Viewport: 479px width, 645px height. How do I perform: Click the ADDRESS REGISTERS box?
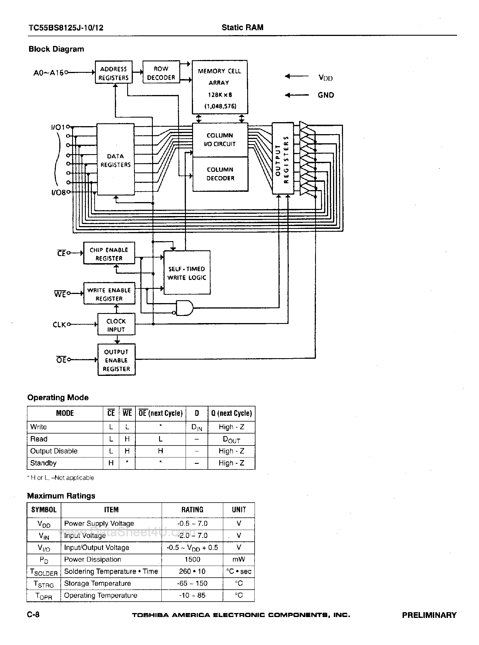(114, 72)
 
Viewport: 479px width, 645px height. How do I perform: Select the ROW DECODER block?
(161, 72)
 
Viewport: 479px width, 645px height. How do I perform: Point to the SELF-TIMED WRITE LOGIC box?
(187, 273)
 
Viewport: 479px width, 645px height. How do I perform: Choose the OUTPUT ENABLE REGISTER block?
(116, 360)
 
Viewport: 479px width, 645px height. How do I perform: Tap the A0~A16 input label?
(48, 72)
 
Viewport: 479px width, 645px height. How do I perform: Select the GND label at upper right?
(326, 95)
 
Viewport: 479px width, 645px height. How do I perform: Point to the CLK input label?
(59, 325)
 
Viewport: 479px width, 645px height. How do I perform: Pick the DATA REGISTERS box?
(115, 160)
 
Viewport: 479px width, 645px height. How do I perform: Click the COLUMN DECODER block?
(220, 174)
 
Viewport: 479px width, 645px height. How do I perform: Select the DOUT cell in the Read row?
(231, 439)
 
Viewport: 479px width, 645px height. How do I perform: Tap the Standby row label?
(44, 463)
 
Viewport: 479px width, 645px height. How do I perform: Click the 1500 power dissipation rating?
(192, 559)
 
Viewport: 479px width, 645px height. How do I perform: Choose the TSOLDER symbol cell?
(44, 572)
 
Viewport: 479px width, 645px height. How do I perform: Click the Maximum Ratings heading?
(61, 496)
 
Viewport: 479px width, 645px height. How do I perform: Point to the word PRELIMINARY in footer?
(429, 615)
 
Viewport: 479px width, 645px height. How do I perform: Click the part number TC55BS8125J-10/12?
(66, 28)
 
